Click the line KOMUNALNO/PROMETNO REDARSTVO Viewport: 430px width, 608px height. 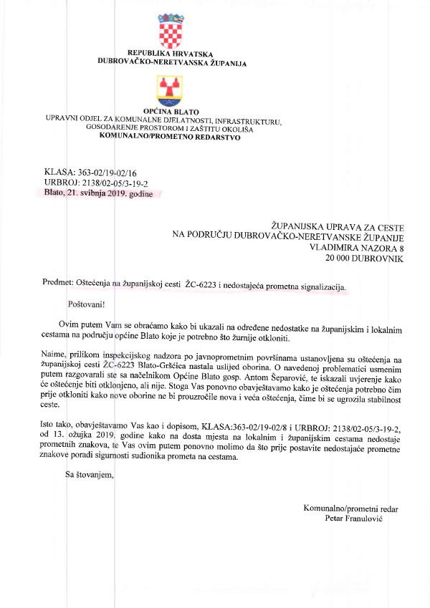(170, 137)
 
